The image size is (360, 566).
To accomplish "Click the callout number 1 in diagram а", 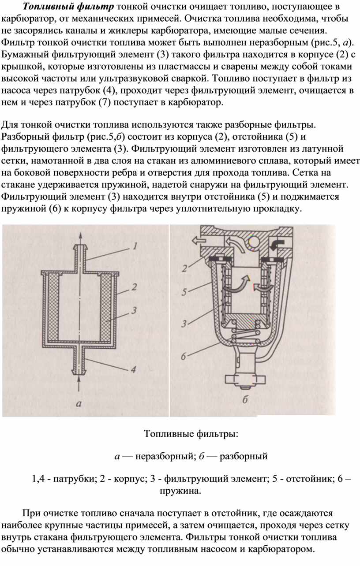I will (x=136, y=247).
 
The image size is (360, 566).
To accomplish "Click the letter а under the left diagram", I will (x=79, y=402).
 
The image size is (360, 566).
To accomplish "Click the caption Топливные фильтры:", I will (x=191, y=434).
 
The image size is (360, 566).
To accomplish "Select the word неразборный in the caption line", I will (x=164, y=456).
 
